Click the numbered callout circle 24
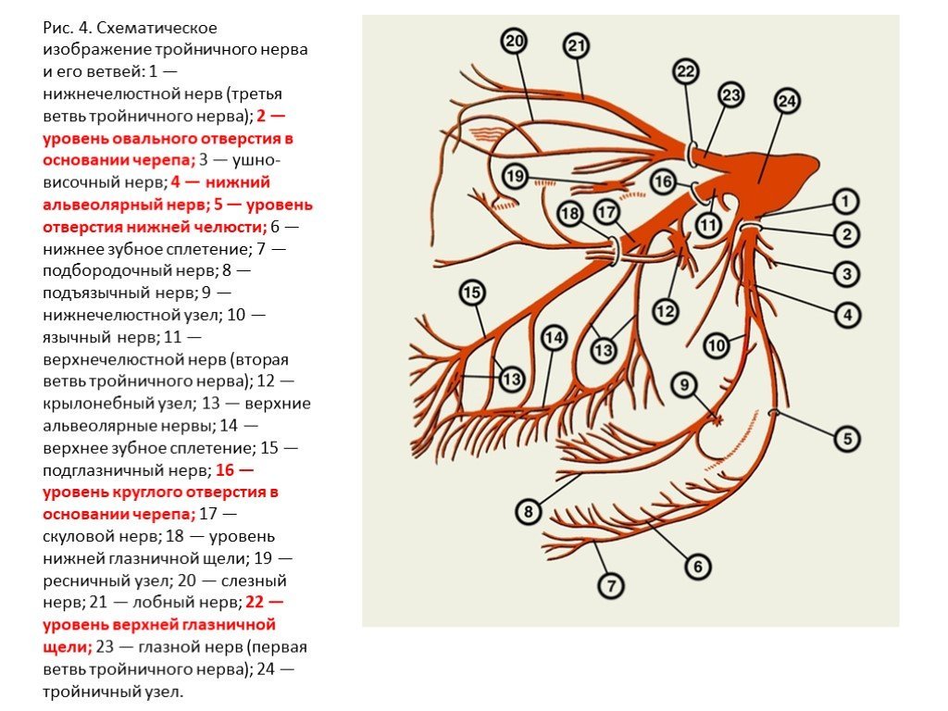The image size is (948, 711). pyautogui.click(x=786, y=101)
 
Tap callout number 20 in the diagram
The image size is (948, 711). pyautogui.click(x=514, y=41)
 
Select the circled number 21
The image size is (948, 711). pyautogui.click(x=576, y=44)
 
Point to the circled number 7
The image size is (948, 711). pyautogui.click(x=610, y=585)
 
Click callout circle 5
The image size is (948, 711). pyautogui.click(x=847, y=437)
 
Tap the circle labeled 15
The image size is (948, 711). pyautogui.click(x=472, y=293)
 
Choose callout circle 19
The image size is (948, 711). pyautogui.click(x=515, y=176)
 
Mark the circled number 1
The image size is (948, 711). pyautogui.click(x=844, y=200)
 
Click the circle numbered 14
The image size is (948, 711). pyautogui.click(x=553, y=339)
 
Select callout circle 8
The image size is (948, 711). pyautogui.click(x=527, y=510)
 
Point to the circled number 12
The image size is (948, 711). pyautogui.click(x=665, y=311)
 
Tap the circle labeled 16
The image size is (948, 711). pyautogui.click(x=663, y=181)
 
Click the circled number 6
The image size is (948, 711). pyautogui.click(x=697, y=565)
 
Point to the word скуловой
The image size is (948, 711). pyautogui.click(x=81, y=536)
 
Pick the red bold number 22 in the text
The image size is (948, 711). pyautogui.click(x=256, y=602)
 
